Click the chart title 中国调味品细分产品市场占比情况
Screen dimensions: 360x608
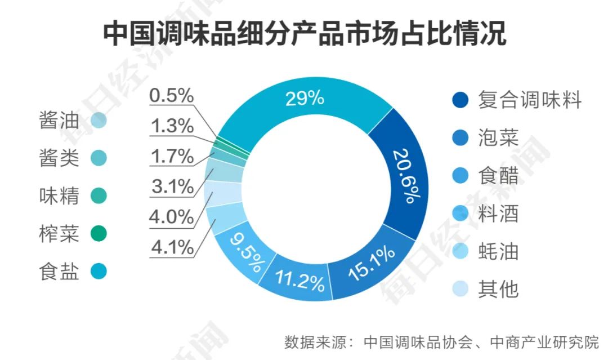(x=304, y=34)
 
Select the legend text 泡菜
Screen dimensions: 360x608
(x=498, y=138)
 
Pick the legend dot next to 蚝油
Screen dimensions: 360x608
(x=461, y=251)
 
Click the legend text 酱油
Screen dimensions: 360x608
(x=59, y=121)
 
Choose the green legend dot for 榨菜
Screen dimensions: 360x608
(x=98, y=233)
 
